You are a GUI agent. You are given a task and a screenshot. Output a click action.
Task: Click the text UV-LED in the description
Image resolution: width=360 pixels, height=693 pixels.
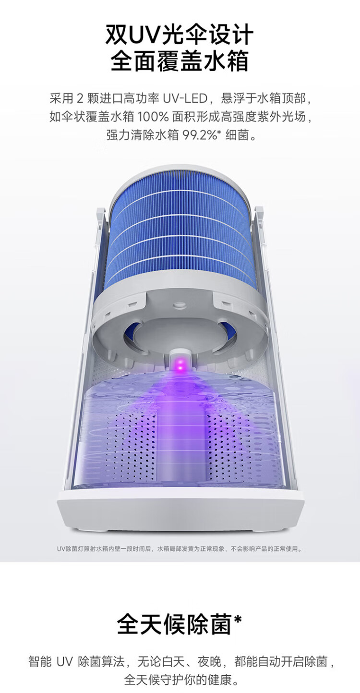(185, 98)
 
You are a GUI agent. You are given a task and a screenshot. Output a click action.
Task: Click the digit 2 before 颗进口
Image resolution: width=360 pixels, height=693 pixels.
(80, 99)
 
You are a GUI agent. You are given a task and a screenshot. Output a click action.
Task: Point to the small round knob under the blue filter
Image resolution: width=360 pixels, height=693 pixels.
(178, 305)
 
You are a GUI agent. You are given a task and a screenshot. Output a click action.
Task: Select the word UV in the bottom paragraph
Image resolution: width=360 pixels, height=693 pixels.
(64, 662)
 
